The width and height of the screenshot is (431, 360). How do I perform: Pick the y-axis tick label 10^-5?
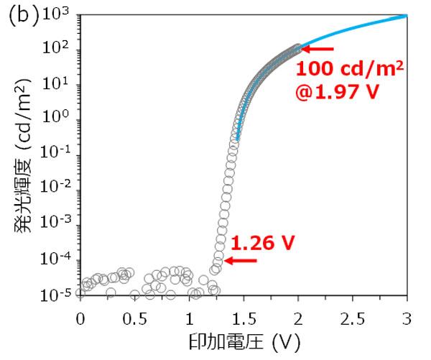[x=59, y=295]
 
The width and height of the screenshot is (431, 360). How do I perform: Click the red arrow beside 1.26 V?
[x=238, y=262]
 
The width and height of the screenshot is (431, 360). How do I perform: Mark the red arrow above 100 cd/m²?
[x=317, y=49]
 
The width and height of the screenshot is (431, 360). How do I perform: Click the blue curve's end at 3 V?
[x=407, y=15]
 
